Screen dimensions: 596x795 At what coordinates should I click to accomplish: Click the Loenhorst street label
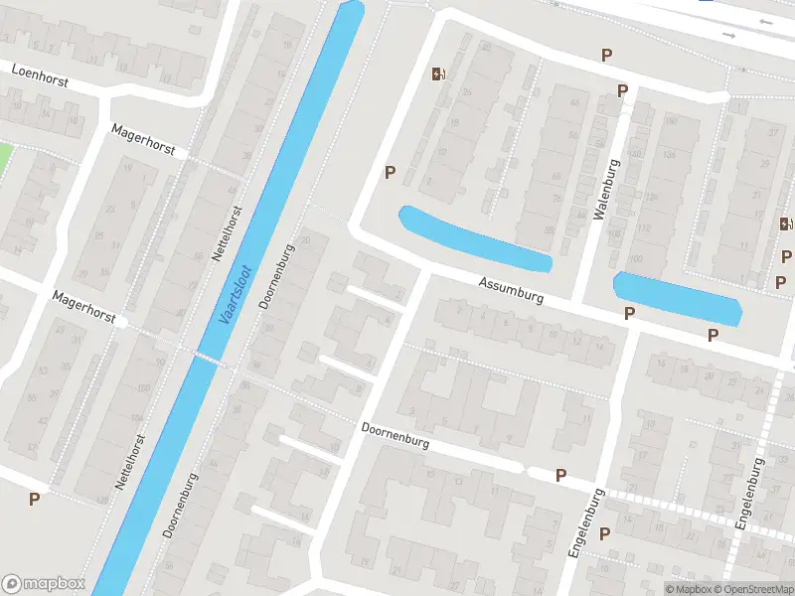[x=41, y=75]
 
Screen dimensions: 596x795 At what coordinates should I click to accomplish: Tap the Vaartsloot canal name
[x=236, y=296]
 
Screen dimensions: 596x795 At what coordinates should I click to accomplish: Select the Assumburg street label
[x=510, y=290]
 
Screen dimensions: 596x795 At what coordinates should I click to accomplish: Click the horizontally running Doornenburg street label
[x=395, y=436]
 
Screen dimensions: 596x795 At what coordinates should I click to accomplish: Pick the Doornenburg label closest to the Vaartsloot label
[x=277, y=278]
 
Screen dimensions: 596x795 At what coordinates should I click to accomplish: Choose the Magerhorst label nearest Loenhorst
[x=143, y=140]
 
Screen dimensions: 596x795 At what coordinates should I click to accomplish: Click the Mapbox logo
[x=44, y=584]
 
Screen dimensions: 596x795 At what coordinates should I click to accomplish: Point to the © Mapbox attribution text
[x=687, y=589]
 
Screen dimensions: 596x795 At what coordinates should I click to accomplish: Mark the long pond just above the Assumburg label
[x=474, y=238]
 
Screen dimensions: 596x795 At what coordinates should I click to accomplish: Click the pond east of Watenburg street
[x=678, y=297]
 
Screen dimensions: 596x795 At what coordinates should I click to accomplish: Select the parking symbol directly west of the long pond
[x=391, y=172]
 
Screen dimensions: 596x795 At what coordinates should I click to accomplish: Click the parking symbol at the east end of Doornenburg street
[x=560, y=476]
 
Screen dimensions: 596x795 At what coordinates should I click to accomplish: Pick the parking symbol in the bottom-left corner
[x=35, y=500]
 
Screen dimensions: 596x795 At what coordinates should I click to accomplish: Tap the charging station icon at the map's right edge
[x=786, y=224]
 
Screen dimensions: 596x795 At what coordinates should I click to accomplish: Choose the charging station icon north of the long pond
[x=437, y=73]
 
